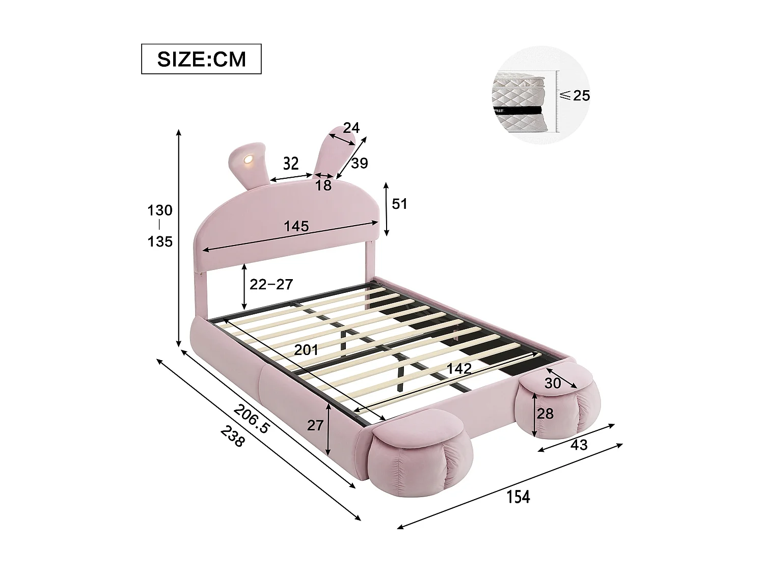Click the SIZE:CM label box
201,59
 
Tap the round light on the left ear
249,160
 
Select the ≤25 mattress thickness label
575,95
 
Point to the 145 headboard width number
296,227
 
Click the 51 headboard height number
400,204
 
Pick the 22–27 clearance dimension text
271,284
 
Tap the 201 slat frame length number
306,350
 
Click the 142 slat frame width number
459,369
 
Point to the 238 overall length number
233,437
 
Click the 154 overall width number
517,497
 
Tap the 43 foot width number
579,445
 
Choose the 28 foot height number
544,414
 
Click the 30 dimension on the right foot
552,383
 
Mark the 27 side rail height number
315,425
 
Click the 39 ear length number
359,163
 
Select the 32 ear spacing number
290,163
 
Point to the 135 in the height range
160,241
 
